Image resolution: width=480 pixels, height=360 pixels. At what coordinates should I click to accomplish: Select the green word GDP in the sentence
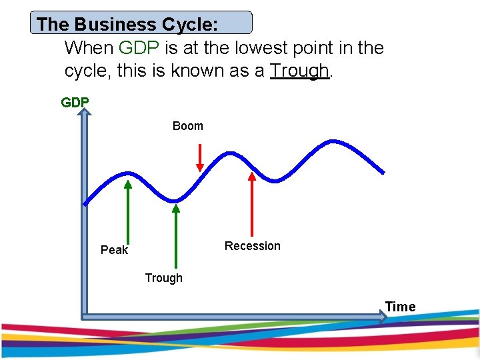[136, 48]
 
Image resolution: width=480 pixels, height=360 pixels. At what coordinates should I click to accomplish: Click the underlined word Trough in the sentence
[299, 70]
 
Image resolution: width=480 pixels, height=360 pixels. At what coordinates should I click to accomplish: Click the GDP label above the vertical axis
[75, 103]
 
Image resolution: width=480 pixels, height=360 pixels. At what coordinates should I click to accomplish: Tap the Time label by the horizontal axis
[400, 307]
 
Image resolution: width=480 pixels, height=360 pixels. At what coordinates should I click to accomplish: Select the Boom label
[187, 126]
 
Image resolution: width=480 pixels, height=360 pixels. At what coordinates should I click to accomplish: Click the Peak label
[114, 250]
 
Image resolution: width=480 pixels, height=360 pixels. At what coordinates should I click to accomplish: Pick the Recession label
[252, 246]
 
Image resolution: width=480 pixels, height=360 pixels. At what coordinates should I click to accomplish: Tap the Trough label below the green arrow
[163, 278]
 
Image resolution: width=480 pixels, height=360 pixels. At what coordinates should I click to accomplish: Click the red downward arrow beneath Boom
[199, 159]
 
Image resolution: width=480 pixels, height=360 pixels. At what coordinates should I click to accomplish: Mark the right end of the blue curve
[383, 172]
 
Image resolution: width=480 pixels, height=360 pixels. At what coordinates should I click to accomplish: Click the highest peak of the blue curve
[331, 141]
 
